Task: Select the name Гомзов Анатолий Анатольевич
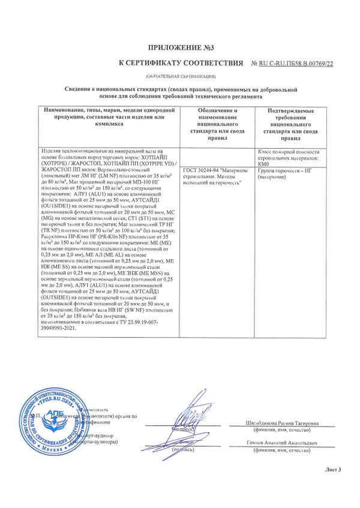coord(281,443)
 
